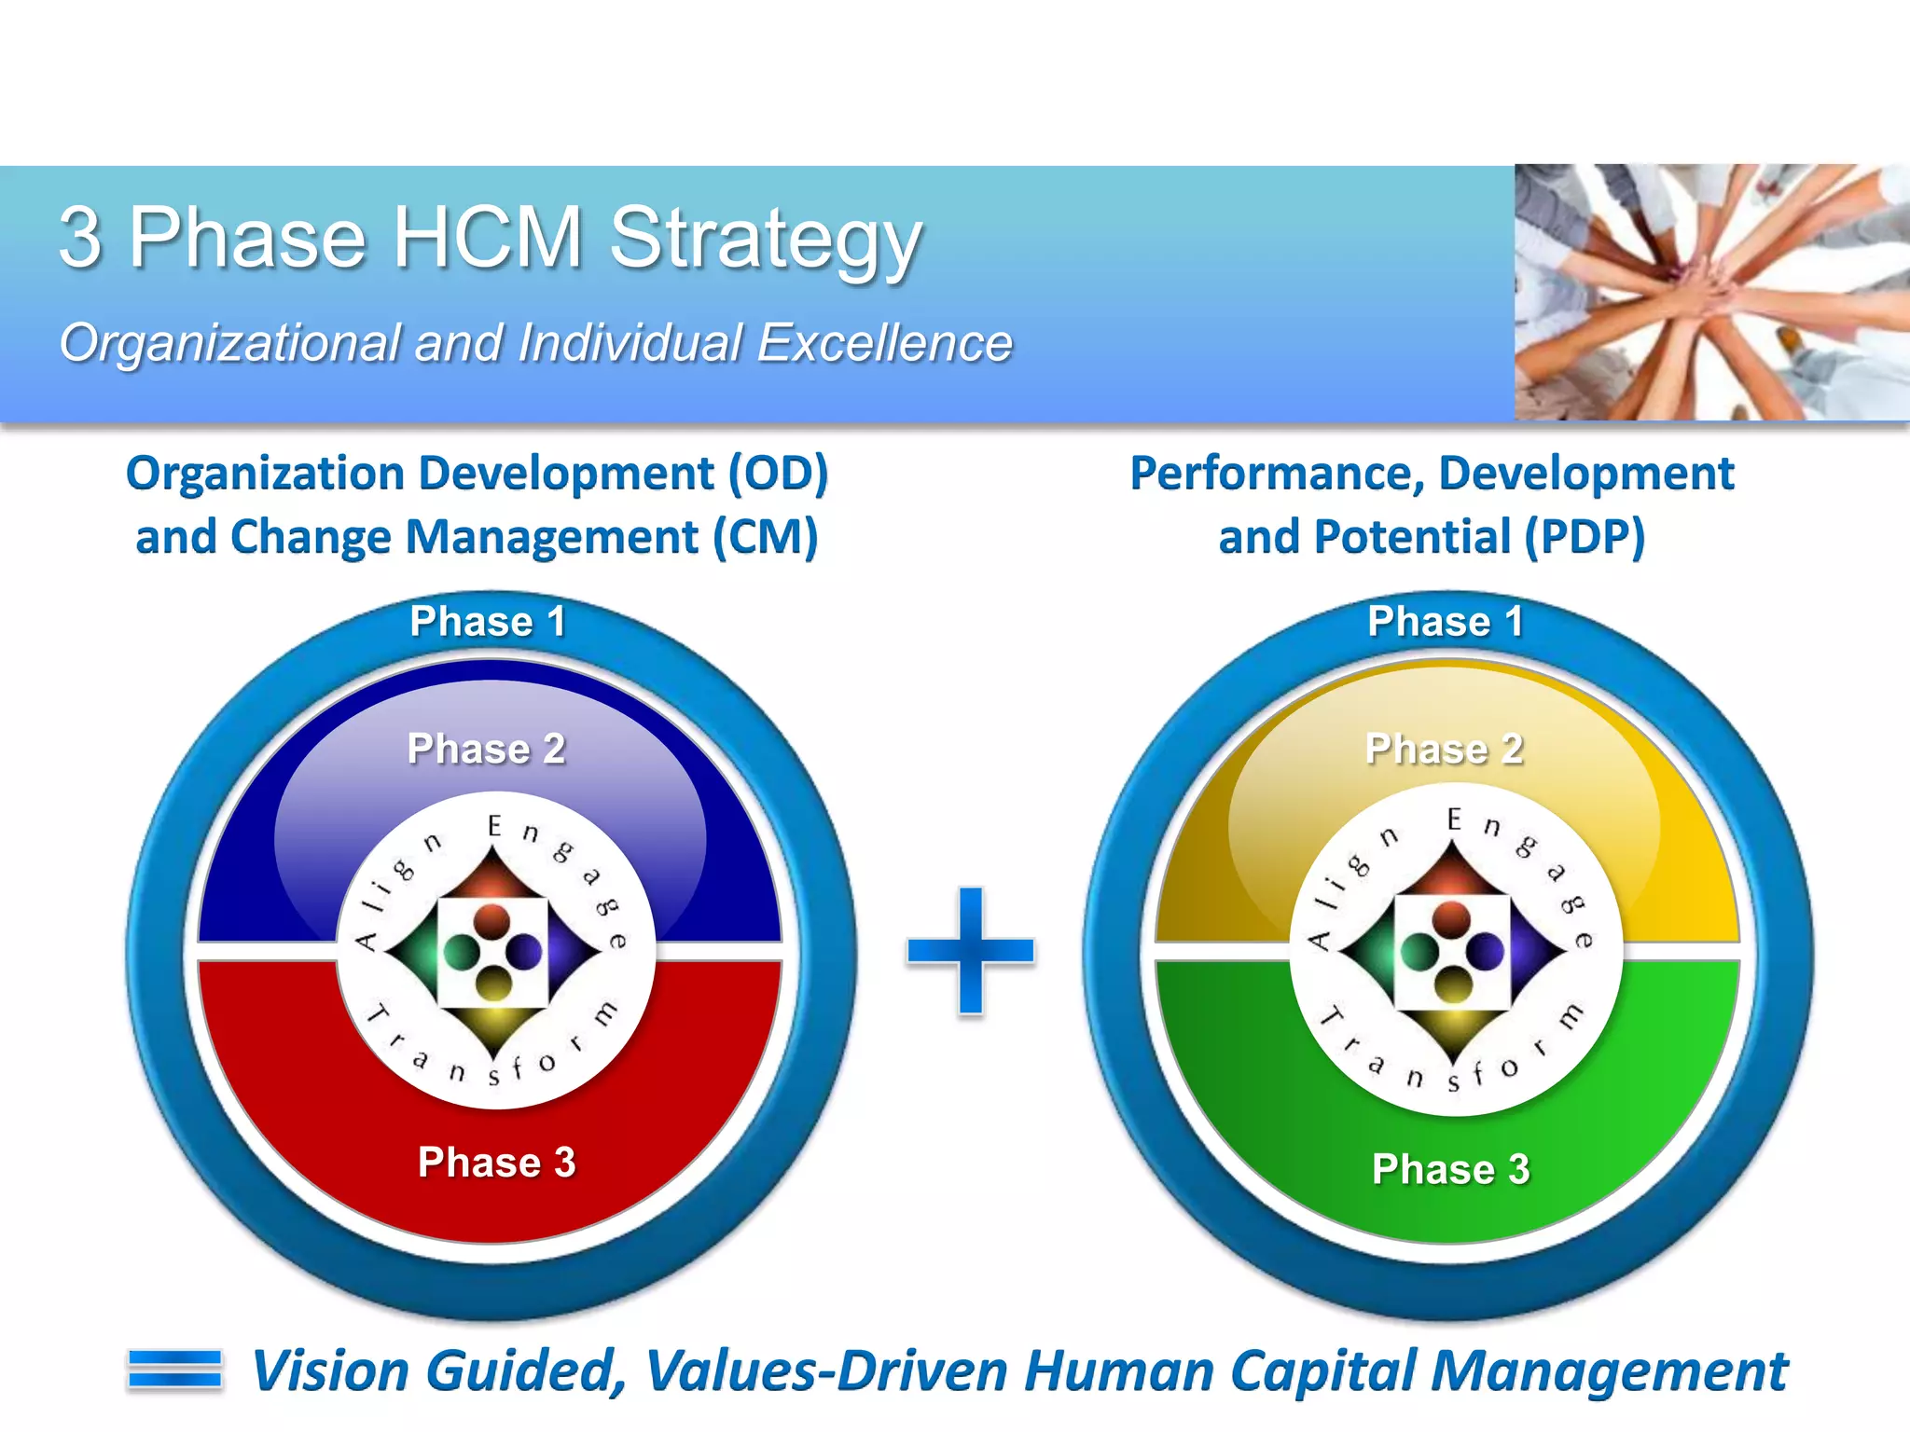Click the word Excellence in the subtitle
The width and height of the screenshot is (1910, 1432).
pyautogui.click(x=884, y=343)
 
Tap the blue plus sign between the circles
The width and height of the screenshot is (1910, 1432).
pyautogui.click(x=971, y=950)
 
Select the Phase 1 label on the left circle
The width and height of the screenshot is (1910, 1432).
pyautogui.click(x=488, y=622)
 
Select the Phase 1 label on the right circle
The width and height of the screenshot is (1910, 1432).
pyautogui.click(x=1445, y=622)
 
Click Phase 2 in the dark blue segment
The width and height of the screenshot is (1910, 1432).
pyautogui.click(x=486, y=749)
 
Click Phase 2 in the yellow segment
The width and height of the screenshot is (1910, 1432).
pyautogui.click(x=1444, y=749)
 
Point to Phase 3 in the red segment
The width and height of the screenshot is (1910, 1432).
pyautogui.click(x=496, y=1163)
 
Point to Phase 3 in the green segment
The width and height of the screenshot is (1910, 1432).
pyautogui.click(x=1450, y=1169)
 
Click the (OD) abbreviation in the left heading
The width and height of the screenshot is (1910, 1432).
pyautogui.click(x=778, y=474)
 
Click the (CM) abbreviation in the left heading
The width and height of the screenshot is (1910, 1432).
pyautogui.click(x=766, y=538)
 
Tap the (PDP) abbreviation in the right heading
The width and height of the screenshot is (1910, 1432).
pyautogui.click(x=1585, y=538)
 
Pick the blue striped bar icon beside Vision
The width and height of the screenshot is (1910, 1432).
pyautogui.click(x=175, y=1370)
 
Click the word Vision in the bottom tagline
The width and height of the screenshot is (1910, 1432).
pyautogui.click(x=331, y=1371)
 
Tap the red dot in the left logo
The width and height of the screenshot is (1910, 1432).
pyautogui.click(x=491, y=922)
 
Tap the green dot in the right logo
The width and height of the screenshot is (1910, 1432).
pyautogui.click(x=1419, y=952)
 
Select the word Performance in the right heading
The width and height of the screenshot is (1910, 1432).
pyautogui.click(x=1277, y=474)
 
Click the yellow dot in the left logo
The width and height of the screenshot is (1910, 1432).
pyautogui.click(x=493, y=983)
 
